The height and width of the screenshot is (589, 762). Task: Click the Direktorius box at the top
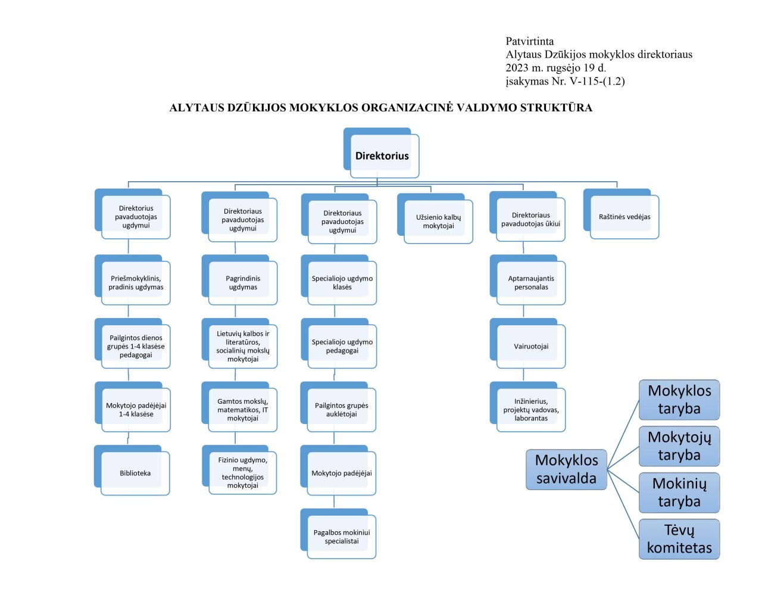(382, 155)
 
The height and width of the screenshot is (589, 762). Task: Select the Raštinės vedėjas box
(624, 217)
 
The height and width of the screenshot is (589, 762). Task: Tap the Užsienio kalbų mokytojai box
(438, 222)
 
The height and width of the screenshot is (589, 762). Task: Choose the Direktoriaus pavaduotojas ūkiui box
(530, 220)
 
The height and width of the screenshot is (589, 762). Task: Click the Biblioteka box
(135, 473)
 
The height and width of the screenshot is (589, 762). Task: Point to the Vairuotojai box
(531, 347)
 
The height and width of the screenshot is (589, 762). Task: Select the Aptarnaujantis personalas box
(531, 283)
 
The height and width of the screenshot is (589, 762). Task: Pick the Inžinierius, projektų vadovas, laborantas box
(531, 410)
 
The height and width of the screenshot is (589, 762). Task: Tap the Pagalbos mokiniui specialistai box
(342, 537)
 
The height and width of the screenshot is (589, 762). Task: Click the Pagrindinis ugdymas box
(243, 283)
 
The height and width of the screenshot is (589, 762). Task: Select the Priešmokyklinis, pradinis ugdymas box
(136, 283)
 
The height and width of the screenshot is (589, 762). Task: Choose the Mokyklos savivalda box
(566, 469)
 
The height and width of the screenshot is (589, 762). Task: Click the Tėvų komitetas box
(679, 539)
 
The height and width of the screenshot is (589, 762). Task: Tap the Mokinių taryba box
(679, 493)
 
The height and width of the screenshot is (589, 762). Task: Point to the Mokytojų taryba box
(679, 446)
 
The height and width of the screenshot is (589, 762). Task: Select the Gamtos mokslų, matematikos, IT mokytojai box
(243, 410)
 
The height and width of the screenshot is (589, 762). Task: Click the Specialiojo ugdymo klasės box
(342, 283)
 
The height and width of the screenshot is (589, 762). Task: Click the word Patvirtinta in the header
(529, 42)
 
